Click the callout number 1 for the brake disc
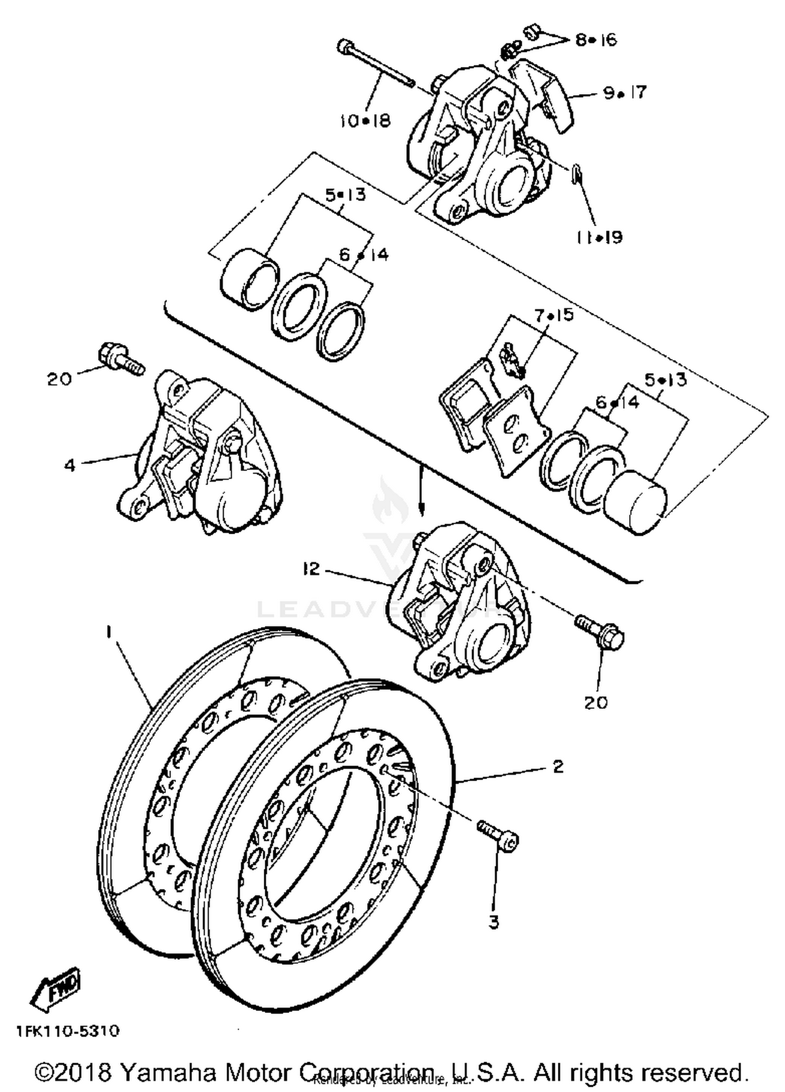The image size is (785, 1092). click(108, 633)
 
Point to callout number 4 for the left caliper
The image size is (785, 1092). click(70, 465)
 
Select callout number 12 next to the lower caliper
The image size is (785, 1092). click(311, 568)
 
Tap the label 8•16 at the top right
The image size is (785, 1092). click(596, 40)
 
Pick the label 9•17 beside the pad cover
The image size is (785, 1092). click(625, 93)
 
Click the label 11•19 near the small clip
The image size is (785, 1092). click(599, 237)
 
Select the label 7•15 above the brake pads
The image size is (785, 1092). click(554, 315)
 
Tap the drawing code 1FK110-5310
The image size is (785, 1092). click(68, 1031)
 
